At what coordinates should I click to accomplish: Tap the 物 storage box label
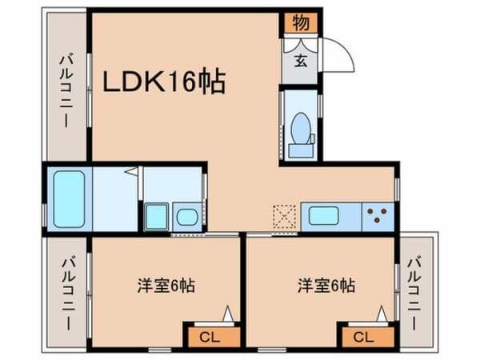pos(301,22)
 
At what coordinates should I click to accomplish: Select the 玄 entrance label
pos(301,61)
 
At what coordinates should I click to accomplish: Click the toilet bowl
pos(302,128)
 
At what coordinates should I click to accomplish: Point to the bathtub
pos(69,199)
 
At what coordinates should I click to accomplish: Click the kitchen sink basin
pos(324,216)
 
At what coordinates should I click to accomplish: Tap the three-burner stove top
pos(378,217)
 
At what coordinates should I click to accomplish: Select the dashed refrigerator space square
pos(284,217)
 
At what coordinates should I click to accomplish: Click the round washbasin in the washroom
pos(187,217)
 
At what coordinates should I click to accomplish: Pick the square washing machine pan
pos(157,217)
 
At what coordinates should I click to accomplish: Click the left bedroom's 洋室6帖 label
pos(166,286)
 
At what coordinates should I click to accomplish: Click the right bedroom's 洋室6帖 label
pos(326,286)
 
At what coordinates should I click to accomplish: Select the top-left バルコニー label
pos(66,90)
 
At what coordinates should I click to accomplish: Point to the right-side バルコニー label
pos(414,294)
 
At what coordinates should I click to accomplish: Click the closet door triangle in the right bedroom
pos(382,314)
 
